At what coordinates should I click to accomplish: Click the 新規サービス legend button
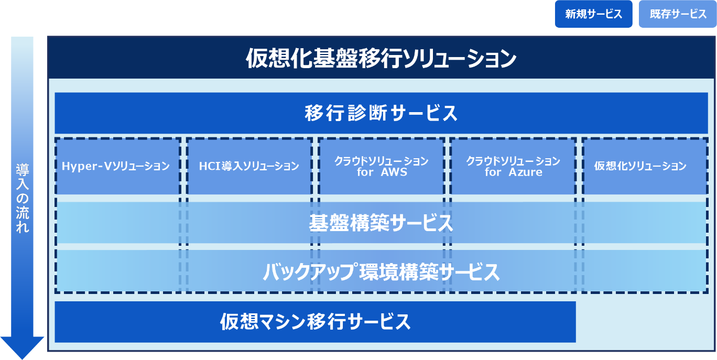click(593, 14)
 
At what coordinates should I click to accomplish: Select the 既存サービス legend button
click(678, 14)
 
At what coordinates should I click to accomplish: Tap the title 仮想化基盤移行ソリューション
click(381, 58)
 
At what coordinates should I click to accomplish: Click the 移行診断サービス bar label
click(381, 113)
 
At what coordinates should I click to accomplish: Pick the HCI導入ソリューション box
click(249, 167)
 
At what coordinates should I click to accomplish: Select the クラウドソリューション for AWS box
click(382, 167)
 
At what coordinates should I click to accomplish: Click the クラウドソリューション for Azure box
click(513, 167)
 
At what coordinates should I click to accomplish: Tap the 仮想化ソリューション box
click(640, 167)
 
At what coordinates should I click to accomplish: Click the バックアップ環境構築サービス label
click(381, 272)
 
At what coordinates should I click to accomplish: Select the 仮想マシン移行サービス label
click(315, 321)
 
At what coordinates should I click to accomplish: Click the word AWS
click(394, 172)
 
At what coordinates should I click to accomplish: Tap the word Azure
click(526, 172)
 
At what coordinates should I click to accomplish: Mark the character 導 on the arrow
click(22, 169)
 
